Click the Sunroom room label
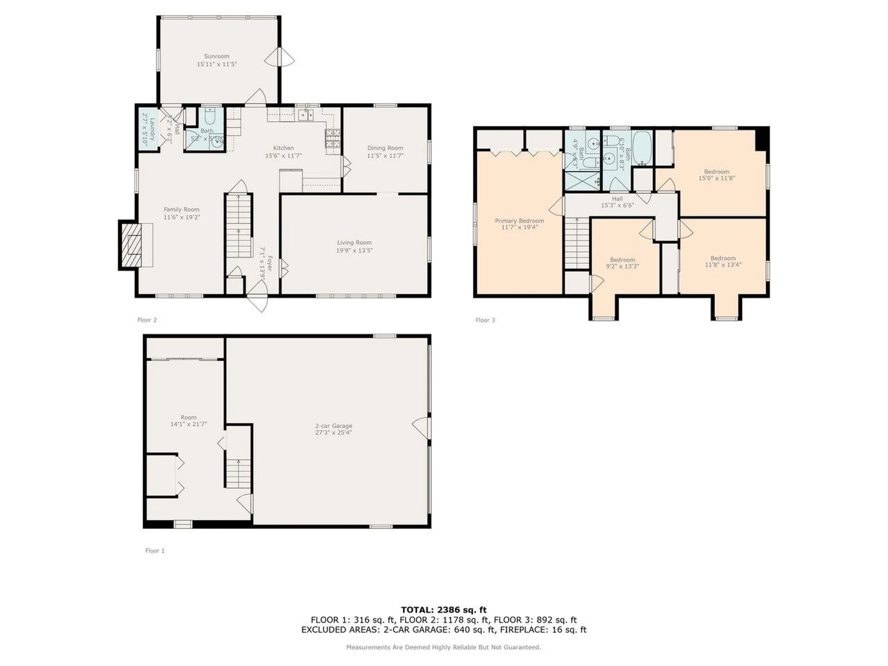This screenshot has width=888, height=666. tap(216, 56)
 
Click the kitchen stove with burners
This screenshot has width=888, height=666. tap(333, 138)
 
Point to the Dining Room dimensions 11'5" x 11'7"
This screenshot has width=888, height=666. tap(385, 156)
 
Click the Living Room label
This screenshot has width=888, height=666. tap(354, 242)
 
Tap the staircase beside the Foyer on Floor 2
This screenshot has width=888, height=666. tap(239, 227)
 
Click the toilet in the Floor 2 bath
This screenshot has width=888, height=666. tap(209, 116)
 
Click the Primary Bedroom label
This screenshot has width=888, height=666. tap(519, 221)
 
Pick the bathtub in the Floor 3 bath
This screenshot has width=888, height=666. tap(642, 147)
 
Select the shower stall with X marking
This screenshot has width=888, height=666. tap(582, 181)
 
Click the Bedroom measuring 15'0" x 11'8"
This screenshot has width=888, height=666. tap(716, 175)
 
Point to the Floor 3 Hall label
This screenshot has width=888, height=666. tap(617, 199)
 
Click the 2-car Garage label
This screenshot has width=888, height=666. tap(333, 425)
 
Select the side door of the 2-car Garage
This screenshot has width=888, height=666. tap(422, 428)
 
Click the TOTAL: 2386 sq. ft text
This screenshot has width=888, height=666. tap(443, 610)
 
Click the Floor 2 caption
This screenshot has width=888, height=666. tap(147, 320)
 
